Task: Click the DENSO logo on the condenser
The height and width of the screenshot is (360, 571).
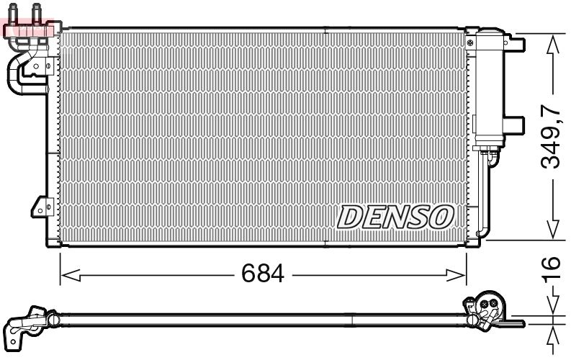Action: pyautogui.click(x=395, y=217)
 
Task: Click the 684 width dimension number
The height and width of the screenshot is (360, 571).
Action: pyautogui.click(x=263, y=274)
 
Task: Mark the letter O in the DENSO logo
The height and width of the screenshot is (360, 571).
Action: pyautogui.click(x=441, y=217)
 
